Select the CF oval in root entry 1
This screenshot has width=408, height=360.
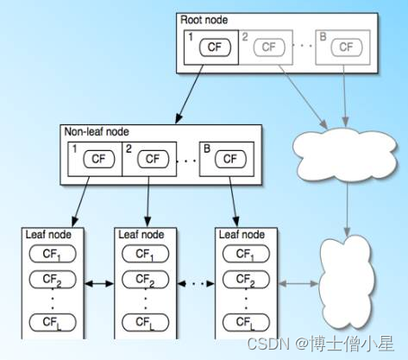(x=215, y=47)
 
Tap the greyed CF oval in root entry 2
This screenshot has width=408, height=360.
(x=271, y=47)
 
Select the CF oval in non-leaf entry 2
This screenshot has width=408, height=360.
(x=153, y=159)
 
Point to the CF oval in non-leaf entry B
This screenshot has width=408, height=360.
(x=229, y=159)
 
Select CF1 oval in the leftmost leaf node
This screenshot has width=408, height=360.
(x=52, y=254)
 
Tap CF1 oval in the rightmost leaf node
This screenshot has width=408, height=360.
(x=245, y=254)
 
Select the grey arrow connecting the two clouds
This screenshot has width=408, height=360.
(x=347, y=207)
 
